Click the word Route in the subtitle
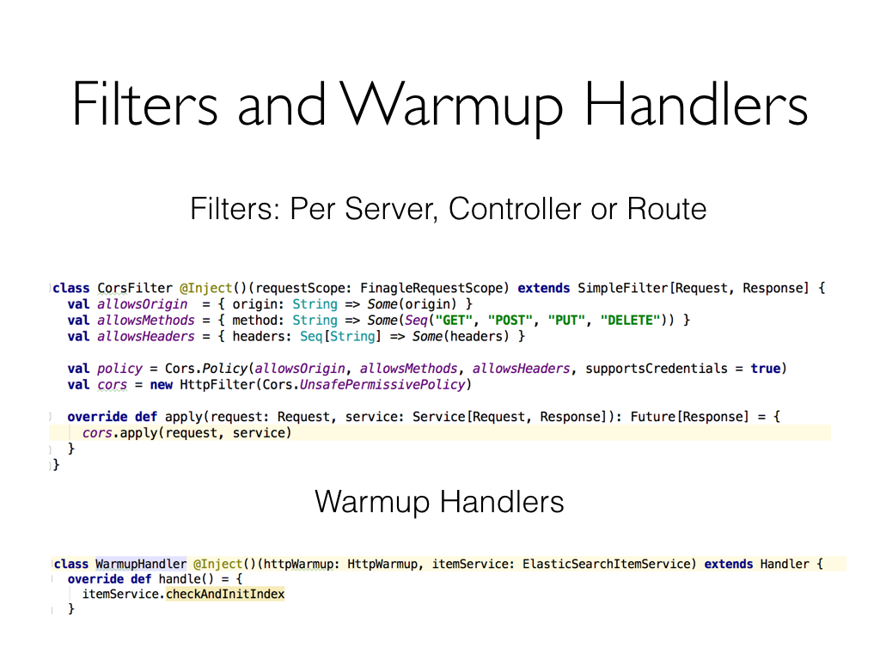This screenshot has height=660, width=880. pyautogui.click(x=667, y=209)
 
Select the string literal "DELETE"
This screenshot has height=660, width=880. pyautogui.click(x=632, y=321)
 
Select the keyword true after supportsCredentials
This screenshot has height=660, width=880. pyautogui.click(x=765, y=369)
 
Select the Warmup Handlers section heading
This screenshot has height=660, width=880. pyautogui.click(x=439, y=502)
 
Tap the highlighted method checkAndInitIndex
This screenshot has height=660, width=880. pyautogui.click(x=225, y=595)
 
